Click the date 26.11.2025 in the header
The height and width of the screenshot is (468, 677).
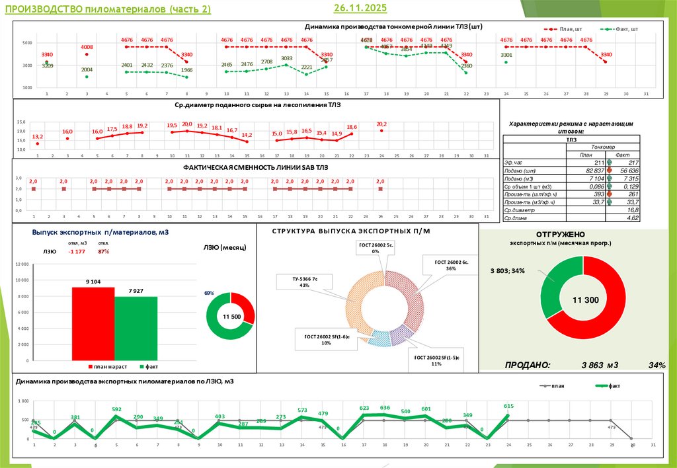pyautogui.click(x=360, y=8)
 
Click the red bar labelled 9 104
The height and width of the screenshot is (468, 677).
pyautogui.click(x=93, y=323)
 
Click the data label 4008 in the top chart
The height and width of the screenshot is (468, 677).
pyautogui.click(x=87, y=47)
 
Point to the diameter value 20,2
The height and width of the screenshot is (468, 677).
pyautogui.click(x=381, y=124)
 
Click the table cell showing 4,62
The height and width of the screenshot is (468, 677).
pyautogui.click(x=632, y=217)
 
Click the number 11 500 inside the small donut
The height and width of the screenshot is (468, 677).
pyautogui.click(x=231, y=317)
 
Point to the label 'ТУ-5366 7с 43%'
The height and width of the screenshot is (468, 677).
pyautogui.click(x=304, y=282)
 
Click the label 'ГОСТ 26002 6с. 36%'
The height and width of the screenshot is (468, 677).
pyautogui.click(x=452, y=265)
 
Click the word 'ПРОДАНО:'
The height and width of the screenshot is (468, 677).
pyautogui.click(x=528, y=365)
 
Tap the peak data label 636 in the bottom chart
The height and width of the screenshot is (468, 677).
pyautogui.click(x=385, y=408)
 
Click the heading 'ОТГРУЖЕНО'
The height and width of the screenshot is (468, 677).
pyautogui.click(x=561, y=234)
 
